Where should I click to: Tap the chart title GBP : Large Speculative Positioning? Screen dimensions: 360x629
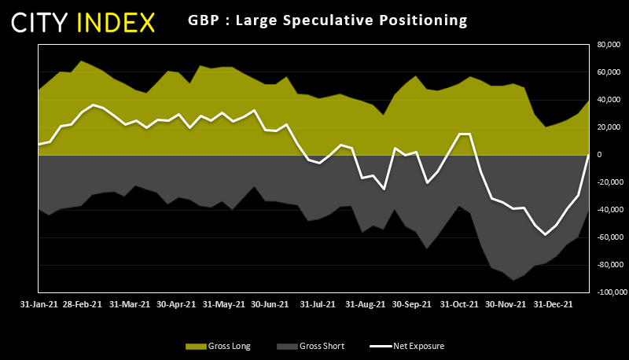point(328,20)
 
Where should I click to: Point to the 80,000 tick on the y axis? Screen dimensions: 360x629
point(609,45)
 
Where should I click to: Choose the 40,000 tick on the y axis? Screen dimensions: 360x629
point(609,100)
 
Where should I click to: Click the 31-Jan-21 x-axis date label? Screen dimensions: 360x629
point(38,303)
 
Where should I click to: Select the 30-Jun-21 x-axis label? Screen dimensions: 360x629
point(269,303)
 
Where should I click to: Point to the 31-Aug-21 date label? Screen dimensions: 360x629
point(365,303)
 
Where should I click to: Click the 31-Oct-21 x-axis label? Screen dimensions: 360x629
point(459,303)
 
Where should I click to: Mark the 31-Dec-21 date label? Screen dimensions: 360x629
point(554,303)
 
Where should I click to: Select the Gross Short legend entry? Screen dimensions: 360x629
point(311,346)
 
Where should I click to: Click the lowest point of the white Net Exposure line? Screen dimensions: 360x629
point(546,234)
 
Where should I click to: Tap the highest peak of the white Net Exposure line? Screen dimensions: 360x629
point(94,105)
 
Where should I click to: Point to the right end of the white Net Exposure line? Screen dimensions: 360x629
point(589,155)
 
